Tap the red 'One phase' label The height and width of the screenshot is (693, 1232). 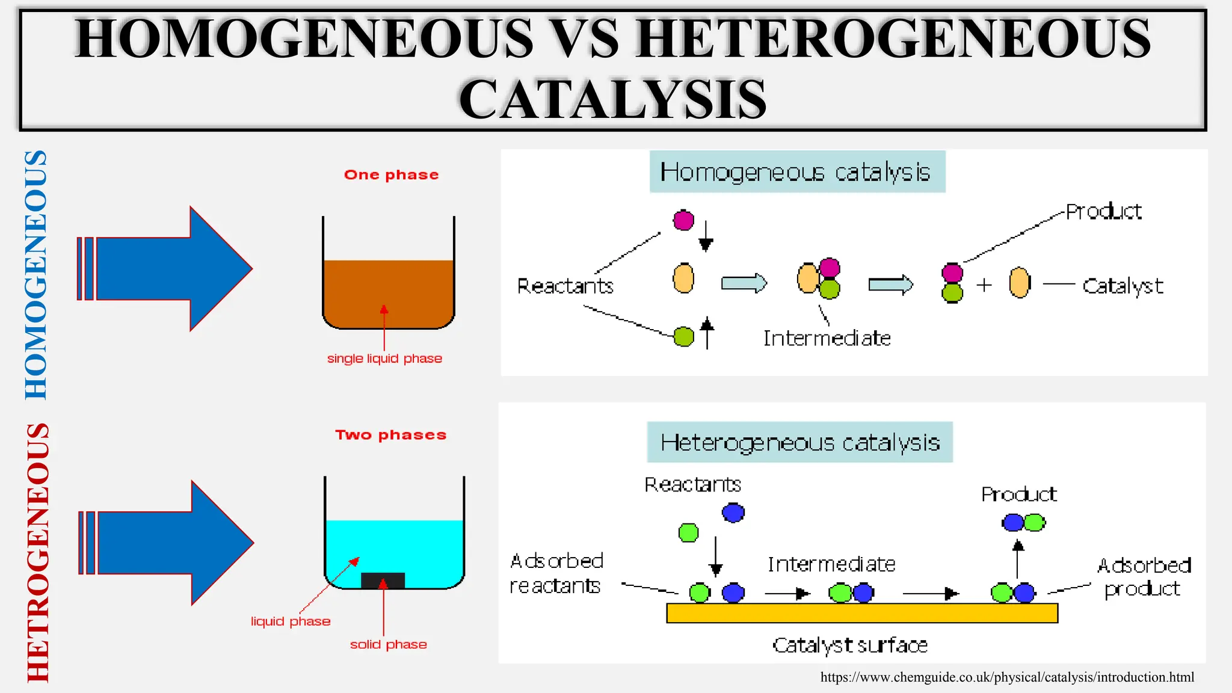391,175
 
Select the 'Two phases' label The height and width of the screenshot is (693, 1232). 390,435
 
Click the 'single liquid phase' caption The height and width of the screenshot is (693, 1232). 384,359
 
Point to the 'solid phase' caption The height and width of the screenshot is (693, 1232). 388,644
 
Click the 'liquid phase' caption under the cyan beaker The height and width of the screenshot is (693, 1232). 291,621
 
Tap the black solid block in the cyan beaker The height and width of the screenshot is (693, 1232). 383,581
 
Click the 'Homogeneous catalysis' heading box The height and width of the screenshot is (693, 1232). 797,172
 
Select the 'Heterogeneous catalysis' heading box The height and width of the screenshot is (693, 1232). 799,443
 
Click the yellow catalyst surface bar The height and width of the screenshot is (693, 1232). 861,613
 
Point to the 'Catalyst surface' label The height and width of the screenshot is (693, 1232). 849,645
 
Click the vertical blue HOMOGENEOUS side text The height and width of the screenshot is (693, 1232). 36,274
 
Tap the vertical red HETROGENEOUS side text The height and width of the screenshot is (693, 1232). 38,552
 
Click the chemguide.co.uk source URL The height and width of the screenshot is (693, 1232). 1007,677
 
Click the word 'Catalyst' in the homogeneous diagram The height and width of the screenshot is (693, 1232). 1123,286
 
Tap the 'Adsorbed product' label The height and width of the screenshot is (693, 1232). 1144,577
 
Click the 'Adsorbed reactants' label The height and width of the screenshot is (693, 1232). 556,573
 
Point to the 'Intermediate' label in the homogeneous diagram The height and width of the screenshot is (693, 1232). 827,339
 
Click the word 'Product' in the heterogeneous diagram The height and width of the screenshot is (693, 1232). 1018,494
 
